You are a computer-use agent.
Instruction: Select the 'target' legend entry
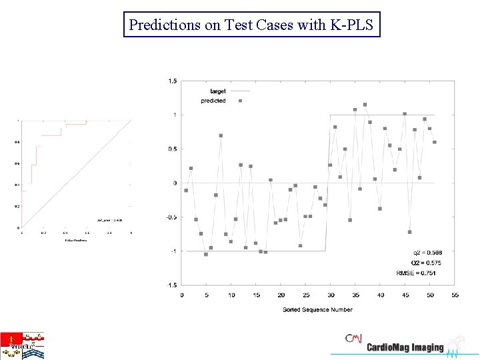[x=218, y=91]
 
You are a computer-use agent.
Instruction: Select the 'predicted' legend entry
[x=213, y=101]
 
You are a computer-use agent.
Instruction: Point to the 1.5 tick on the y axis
[x=173, y=81]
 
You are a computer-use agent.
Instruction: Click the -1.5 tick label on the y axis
[x=171, y=285]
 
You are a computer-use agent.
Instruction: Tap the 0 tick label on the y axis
[x=175, y=183]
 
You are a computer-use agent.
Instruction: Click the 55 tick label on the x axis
[x=455, y=294]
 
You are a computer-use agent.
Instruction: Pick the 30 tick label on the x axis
[x=330, y=294]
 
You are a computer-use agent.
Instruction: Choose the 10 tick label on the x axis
[x=231, y=294]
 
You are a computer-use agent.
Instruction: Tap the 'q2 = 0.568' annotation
[x=427, y=253]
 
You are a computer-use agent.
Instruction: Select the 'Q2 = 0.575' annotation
[x=427, y=263]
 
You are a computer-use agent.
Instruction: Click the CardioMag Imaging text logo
[x=405, y=347]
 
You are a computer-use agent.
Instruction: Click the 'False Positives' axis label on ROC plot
[x=75, y=240]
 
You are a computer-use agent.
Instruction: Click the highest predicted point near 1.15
[x=365, y=105]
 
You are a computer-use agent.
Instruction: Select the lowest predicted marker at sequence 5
[x=206, y=254]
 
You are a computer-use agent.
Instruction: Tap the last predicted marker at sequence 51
[x=435, y=142]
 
